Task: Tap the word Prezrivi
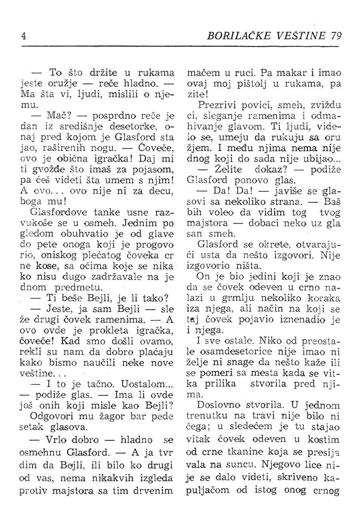click(x=218, y=106)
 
